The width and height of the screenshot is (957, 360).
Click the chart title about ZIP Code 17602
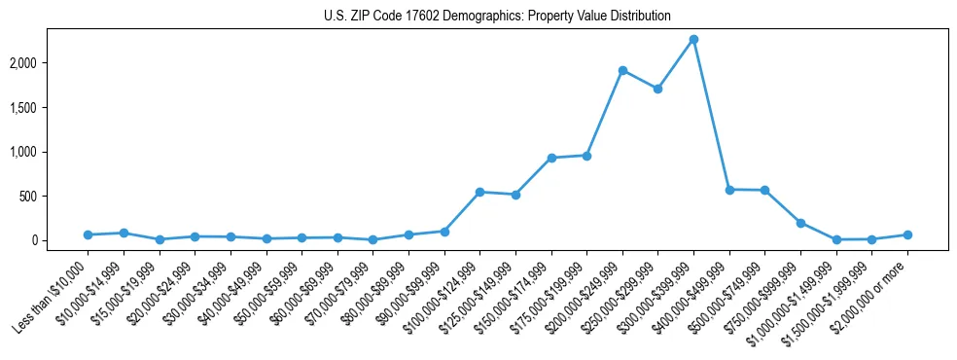[497, 17]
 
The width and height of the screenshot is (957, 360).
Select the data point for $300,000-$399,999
[693, 40]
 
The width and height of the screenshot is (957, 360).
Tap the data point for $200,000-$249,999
[622, 70]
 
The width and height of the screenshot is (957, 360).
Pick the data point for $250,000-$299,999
[657, 89]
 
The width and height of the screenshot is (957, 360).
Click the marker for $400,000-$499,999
[729, 190]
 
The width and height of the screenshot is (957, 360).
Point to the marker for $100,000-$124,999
[479, 192]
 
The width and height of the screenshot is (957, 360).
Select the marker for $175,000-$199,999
[586, 156]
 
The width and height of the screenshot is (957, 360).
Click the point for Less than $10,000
[88, 234]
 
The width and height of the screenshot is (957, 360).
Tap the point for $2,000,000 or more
[907, 234]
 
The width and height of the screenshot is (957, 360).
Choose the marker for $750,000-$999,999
[800, 223]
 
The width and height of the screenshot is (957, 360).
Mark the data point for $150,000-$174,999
[551, 158]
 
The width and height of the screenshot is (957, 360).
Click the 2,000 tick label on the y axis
[52, 63]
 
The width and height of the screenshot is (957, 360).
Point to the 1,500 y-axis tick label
[52, 108]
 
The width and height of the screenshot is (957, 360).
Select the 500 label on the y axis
[57, 197]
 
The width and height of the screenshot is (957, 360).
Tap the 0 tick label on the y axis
[62, 240]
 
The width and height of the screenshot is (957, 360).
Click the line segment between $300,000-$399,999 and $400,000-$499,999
[711, 115]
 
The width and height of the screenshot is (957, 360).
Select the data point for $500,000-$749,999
[764, 190]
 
